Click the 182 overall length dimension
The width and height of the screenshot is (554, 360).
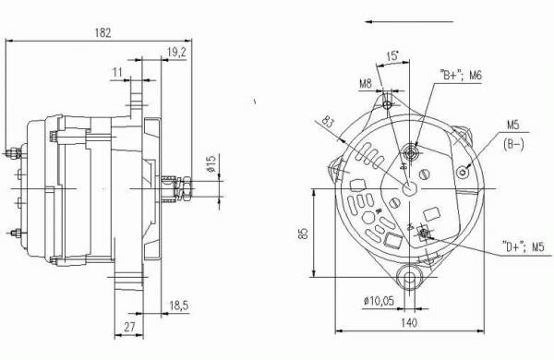(x=102, y=33)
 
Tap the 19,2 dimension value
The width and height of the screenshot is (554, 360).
(x=176, y=53)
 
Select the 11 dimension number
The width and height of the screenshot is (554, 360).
(x=117, y=73)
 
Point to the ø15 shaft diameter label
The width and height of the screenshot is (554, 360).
(x=211, y=163)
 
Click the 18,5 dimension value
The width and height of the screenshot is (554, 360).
(x=179, y=306)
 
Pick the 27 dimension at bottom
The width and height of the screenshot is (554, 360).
(x=129, y=327)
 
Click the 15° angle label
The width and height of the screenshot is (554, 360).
(x=392, y=56)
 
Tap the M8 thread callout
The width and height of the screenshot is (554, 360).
(x=366, y=84)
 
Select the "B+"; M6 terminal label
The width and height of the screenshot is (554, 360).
(x=461, y=76)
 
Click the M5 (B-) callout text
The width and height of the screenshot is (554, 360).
(x=513, y=135)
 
